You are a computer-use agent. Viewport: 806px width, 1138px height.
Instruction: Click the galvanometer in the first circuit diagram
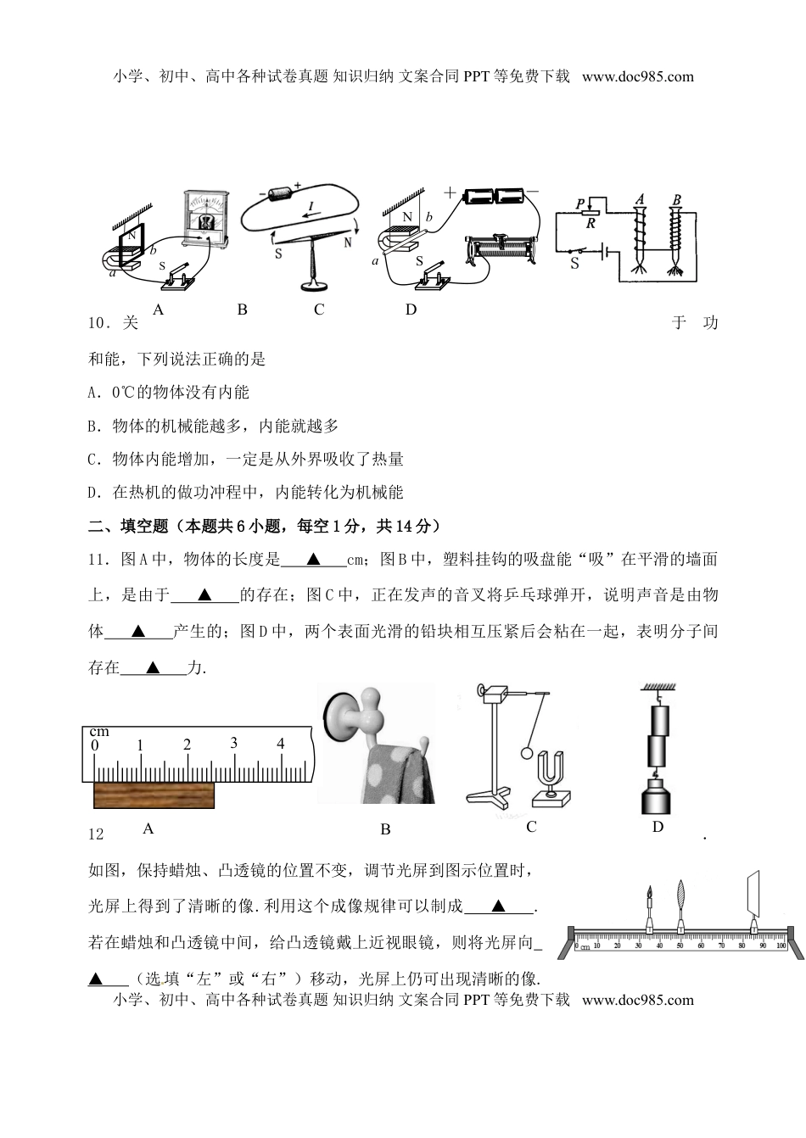(206, 219)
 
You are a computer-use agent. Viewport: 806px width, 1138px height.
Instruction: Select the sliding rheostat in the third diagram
(506, 250)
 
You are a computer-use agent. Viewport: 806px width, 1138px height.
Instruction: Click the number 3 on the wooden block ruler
(233, 743)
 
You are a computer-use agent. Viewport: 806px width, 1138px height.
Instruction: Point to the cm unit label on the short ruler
(99, 731)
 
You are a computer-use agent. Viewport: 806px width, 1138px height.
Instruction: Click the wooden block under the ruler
(154, 796)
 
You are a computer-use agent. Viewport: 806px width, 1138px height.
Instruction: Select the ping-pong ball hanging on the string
(526, 752)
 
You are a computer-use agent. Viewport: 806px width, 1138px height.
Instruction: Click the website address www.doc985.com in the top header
(638, 76)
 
